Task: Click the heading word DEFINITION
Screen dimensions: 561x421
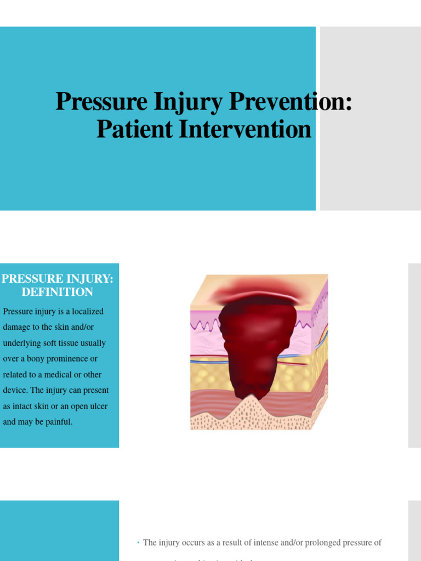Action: (x=58, y=292)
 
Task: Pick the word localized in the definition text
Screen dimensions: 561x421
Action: (x=84, y=311)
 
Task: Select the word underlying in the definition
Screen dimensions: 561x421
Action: (x=24, y=343)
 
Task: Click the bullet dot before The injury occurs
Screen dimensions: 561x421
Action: (x=138, y=543)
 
